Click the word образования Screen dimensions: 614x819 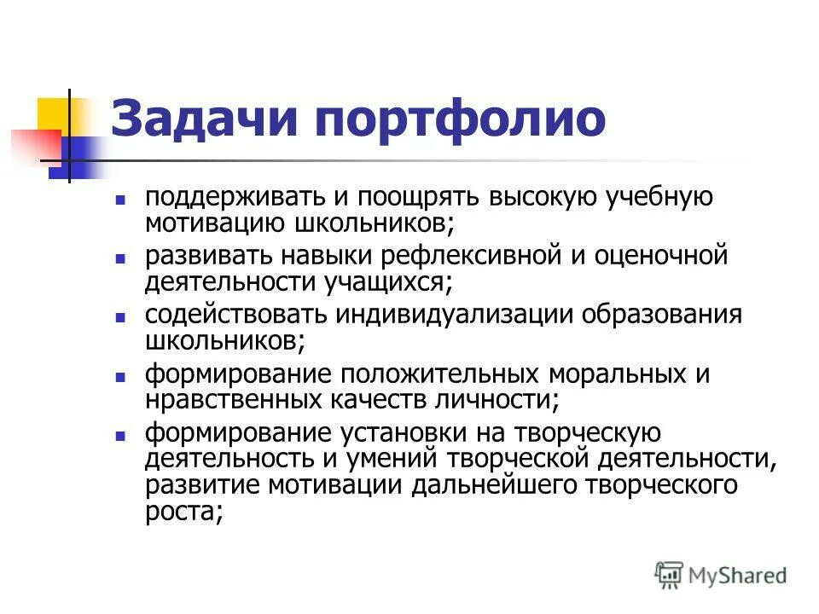pyautogui.click(x=662, y=315)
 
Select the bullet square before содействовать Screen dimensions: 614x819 pyautogui.click(x=120, y=316)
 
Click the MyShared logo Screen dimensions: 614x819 pyautogui.click(x=720, y=574)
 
